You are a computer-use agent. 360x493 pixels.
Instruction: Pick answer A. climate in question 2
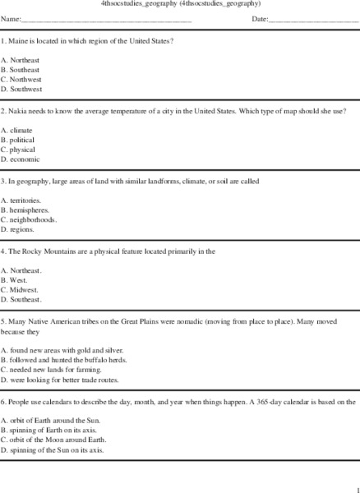point(17,130)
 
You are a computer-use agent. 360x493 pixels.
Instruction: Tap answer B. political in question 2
point(19,140)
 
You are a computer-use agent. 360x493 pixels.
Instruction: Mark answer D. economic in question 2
point(21,159)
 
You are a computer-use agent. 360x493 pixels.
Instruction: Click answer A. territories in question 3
point(22,200)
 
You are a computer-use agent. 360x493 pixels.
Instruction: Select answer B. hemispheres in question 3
point(25,210)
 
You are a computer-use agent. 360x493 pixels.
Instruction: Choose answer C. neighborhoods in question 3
point(29,220)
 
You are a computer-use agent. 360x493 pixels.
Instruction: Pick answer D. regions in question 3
point(20,230)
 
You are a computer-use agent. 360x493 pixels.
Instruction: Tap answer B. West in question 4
point(16,280)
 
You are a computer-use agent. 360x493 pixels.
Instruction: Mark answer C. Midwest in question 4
point(21,290)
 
